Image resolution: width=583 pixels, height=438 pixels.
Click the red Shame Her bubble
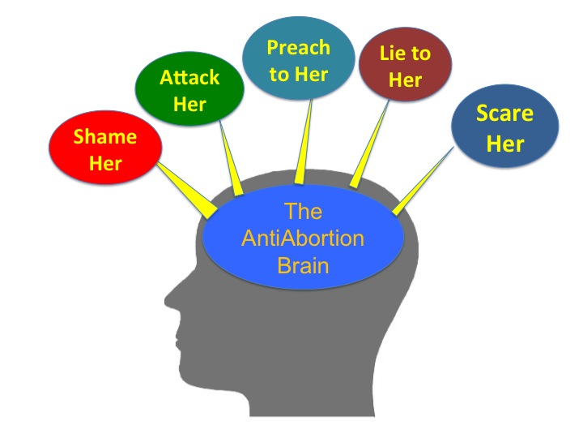pyautogui.click(x=105, y=150)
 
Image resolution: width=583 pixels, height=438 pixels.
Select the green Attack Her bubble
pyautogui.click(x=189, y=91)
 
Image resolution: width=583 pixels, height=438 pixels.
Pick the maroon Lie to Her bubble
pyautogui.click(x=405, y=67)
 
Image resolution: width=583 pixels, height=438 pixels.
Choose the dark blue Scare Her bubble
pyautogui.click(x=504, y=128)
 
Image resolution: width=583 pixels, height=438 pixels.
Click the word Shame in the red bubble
pyautogui.click(x=105, y=136)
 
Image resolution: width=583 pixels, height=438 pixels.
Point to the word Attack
pyautogui.click(x=189, y=79)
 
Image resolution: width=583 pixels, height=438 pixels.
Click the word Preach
pyautogui.click(x=300, y=47)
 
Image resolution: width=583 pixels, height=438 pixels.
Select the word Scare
pyautogui.click(x=504, y=113)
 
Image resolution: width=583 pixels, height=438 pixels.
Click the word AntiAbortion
pyautogui.click(x=303, y=239)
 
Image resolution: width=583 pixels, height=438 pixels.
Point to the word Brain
pyautogui.click(x=303, y=265)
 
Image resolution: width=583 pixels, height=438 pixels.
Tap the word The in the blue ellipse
pyautogui.click(x=303, y=213)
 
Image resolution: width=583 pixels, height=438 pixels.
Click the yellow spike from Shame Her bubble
pyautogui.click(x=187, y=187)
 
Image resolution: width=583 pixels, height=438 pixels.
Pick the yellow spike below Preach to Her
pyautogui.click(x=304, y=146)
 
